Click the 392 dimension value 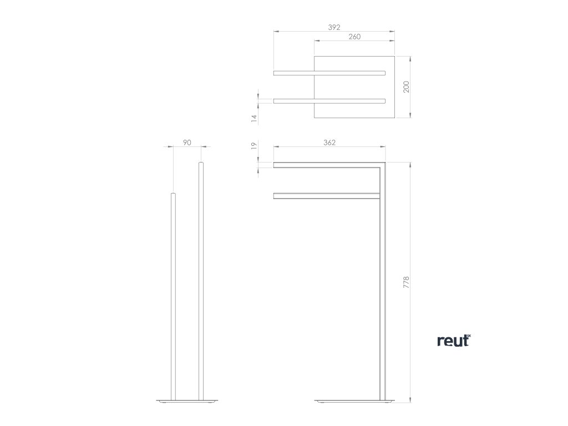[333, 27]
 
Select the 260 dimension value [354, 37]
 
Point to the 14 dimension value [253, 118]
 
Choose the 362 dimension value [329, 143]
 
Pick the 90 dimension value [187, 143]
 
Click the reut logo [453, 341]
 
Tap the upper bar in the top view [329, 72]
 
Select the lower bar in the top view [329, 100]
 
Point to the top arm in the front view [327, 164]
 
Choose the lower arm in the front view [326, 195]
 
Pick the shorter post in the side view [173, 294]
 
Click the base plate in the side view [187, 400]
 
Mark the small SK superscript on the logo [468, 334]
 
